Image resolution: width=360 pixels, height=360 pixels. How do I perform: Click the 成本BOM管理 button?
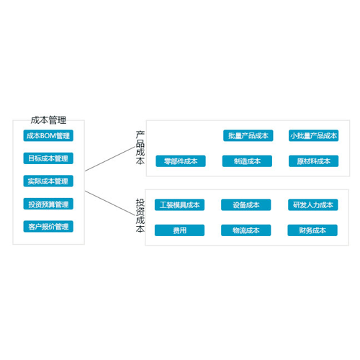[x=48, y=135]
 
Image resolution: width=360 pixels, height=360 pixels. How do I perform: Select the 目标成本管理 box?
[x=48, y=158]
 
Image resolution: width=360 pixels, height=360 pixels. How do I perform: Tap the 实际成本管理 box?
[x=48, y=181]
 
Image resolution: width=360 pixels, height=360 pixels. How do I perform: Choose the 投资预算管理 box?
[x=48, y=204]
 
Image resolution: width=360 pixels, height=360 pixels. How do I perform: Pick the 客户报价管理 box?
[x=48, y=226]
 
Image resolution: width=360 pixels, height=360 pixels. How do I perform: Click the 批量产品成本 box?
[x=248, y=135]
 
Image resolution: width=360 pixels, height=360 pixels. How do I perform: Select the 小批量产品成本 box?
[x=314, y=135]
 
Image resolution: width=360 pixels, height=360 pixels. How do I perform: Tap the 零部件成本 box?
[x=181, y=161]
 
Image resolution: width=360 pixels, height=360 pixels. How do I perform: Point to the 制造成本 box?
[x=247, y=161]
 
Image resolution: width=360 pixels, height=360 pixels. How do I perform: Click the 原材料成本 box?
[x=314, y=161]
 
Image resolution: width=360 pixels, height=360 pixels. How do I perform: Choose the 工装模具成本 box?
[x=179, y=204]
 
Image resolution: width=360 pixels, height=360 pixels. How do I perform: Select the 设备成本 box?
[x=246, y=204]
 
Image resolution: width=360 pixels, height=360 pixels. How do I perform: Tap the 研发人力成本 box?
[x=313, y=204]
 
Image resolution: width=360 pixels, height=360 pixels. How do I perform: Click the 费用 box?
[x=179, y=230]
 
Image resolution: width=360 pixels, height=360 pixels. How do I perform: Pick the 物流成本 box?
[x=246, y=230]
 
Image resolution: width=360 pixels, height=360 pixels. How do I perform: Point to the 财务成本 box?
[x=312, y=230]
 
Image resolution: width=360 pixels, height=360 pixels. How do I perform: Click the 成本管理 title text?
[x=48, y=120]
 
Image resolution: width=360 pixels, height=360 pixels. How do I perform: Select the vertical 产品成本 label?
[x=140, y=148]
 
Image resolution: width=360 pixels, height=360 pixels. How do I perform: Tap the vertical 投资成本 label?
[x=140, y=215]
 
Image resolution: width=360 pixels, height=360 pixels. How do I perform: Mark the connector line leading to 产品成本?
[x=110, y=158]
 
